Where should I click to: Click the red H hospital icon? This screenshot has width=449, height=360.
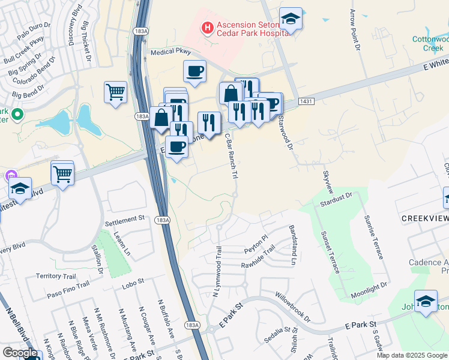tap(208, 27)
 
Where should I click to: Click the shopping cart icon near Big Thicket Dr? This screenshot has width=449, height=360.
tap(115, 92)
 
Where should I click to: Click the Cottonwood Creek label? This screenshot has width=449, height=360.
tap(427, 43)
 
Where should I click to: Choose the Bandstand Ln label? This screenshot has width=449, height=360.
tap(294, 245)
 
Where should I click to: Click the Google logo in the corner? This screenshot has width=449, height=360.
tap(20, 353)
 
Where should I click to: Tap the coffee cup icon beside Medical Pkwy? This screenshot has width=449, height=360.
tap(194, 72)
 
